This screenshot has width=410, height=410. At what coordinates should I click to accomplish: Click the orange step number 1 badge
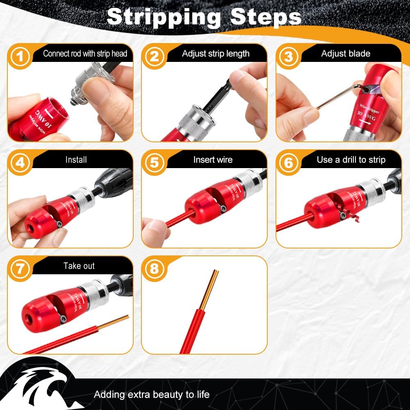[20, 57]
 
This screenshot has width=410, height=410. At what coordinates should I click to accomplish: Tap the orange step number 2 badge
[154, 57]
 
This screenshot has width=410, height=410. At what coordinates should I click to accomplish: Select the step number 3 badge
[288, 57]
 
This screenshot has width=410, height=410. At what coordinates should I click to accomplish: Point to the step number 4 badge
[20, 163]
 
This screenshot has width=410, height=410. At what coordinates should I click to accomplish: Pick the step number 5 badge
[154, 163]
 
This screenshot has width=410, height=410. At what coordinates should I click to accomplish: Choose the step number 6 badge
[288, 163]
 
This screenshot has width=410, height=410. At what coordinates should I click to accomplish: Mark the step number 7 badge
[20, 269]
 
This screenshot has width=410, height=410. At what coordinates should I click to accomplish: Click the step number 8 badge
[154, 269]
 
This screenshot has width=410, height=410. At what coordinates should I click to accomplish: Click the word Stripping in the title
[164, 18]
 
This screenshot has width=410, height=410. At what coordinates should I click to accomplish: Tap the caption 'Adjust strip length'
[216, 54]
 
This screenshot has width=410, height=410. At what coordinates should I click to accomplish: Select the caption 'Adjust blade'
[346, 54]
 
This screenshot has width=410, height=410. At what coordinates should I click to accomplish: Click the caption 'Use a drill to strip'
[351, 160]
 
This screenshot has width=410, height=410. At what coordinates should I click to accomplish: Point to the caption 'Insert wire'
[213, 160]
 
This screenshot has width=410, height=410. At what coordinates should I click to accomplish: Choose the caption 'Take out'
[79, 266]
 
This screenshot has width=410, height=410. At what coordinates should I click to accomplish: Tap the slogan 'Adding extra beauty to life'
[152, 394]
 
